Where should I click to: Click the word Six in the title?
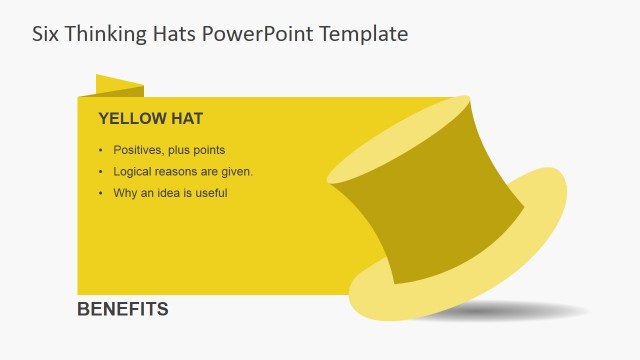tap(46, 33)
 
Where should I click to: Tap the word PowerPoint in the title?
tap(258, 33)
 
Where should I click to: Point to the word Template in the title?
tap(364, 33)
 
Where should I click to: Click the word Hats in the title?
tap(175, 33)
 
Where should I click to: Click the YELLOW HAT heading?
tap(150, 119)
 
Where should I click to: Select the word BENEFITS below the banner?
tap(123, 309)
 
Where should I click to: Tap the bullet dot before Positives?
tap(101, 150)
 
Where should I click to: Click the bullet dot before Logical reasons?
tap(101, 171)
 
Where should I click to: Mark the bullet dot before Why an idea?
tap(101, 193)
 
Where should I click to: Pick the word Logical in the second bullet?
tap(135, 171)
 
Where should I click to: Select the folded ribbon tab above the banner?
tap(119, 86)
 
